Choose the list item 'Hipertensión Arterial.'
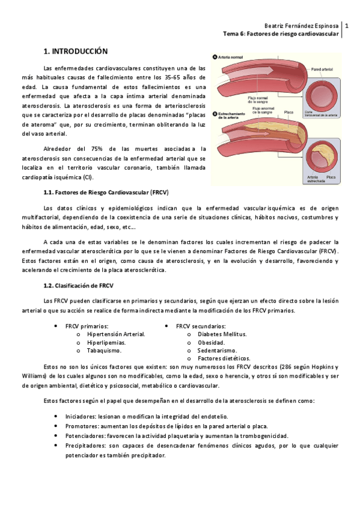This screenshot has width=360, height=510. (x=116, y=333)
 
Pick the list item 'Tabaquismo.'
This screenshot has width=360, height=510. (x=104, y=350)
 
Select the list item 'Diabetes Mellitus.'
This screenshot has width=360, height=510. (x=222, y=333)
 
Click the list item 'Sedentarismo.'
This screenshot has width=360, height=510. (x=217, y=350)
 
